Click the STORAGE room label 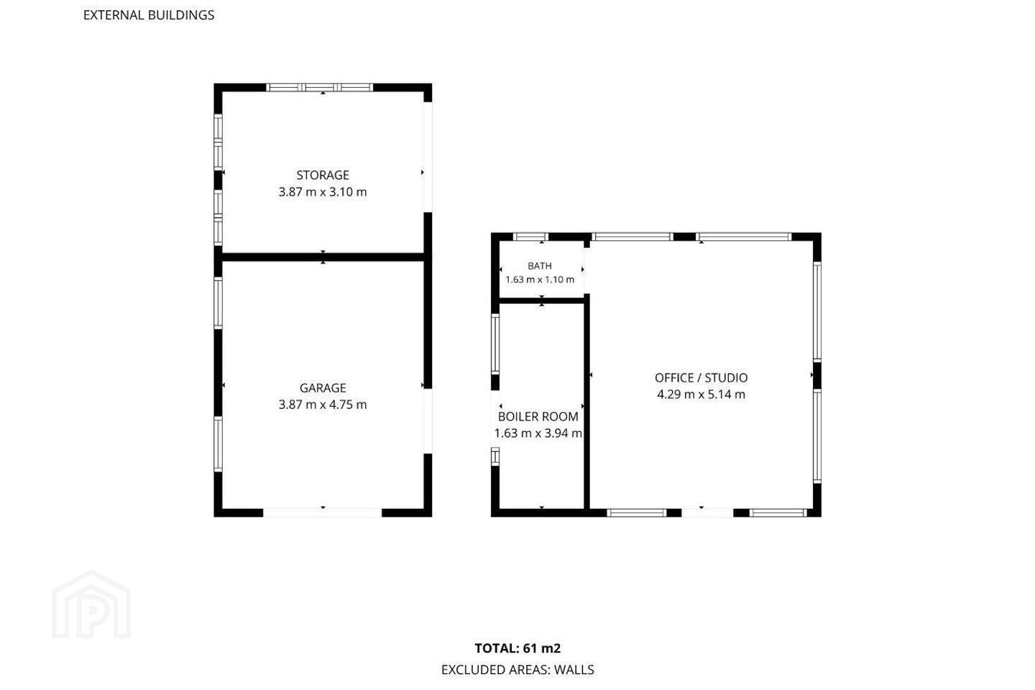(x=323, y=175)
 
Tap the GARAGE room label (x=323, y=387)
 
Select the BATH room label (x=540, y=266)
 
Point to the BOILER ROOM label (x=538, y=416)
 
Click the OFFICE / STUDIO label (x=701, y=377)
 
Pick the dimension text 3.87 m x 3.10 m (x=323, y=192)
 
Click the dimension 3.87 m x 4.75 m (x=323, y=405)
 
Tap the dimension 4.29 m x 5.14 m (x=701, y=394)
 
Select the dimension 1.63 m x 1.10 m (x=540, y=280)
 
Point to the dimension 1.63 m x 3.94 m (x=538, y=433)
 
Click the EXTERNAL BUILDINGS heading (x=149, y=15)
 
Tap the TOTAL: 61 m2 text (x=517, y=648)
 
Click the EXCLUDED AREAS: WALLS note (x=517, y=670)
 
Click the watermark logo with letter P (x=91, y=604)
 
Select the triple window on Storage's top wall (x=320, y=88)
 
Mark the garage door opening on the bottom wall (x=323, y=512)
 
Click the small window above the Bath (x=531, y=236)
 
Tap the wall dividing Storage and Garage (x=323, y=257)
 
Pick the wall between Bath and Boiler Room (x=541, y=301)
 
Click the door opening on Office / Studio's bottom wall (x=707, y=512)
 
